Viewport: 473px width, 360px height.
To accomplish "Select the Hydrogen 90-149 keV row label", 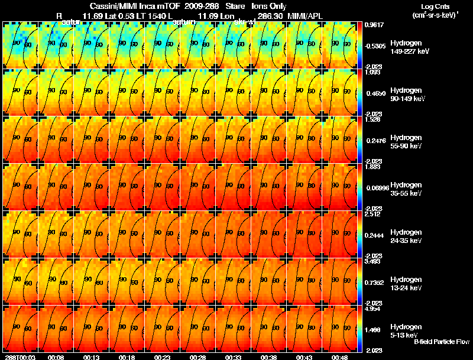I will pyautogui.click(x=406, y=94).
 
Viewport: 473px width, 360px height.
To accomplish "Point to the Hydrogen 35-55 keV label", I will pyautogui.click(x=406, y=189).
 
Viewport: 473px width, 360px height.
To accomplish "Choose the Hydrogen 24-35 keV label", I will pyautogui.click(x=406, y=236).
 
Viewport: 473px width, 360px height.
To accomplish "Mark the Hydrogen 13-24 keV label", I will pyautogui.click(x=406, y=283).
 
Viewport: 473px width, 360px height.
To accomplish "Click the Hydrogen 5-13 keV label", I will pyautogui.click(x=406, y=330).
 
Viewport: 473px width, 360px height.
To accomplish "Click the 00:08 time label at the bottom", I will pyautogui.click(x=56, y=357).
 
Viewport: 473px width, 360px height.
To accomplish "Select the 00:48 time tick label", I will pyautogui.click(x=340, y=357).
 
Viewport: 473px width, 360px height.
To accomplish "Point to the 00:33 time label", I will pyautogui.click(x=234, y=357).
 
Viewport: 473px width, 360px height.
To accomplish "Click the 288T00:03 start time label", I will pyautogui.click(x=17, y=357).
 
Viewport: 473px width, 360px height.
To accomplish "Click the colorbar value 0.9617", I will pyautogui.click(x=372, y=25).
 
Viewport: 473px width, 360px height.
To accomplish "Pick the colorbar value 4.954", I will pyautogui.click(x=372, y=309).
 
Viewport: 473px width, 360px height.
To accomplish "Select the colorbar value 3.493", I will pyautogui.click(x=372, y=261).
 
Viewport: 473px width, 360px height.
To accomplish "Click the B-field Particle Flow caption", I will pyautogui.click(x=442, y=342).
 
